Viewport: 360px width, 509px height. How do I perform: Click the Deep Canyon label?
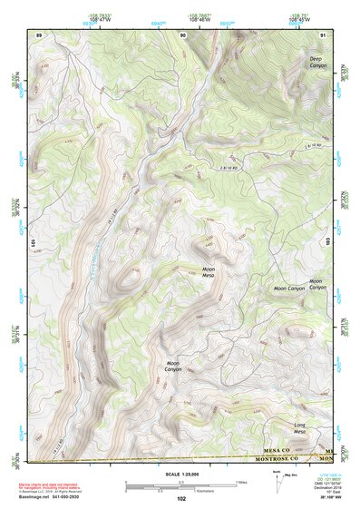pyautogui.click(x=316, y=62)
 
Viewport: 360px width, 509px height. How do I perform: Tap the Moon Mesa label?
pyautogui.click(x=209, y=272)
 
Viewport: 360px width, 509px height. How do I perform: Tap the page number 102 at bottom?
pyautogui.click(x=180, y=499)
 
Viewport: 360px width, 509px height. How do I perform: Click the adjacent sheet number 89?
pyautogui.click(x=38, y=34)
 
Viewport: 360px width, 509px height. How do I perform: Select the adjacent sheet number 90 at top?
pyautogui.click(x=183, y=34)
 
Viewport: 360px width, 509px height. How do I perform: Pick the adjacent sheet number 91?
pyautogui.click(x=324, y=34)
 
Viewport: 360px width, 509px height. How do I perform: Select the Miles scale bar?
pyautogui.click(x=180, y=482)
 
